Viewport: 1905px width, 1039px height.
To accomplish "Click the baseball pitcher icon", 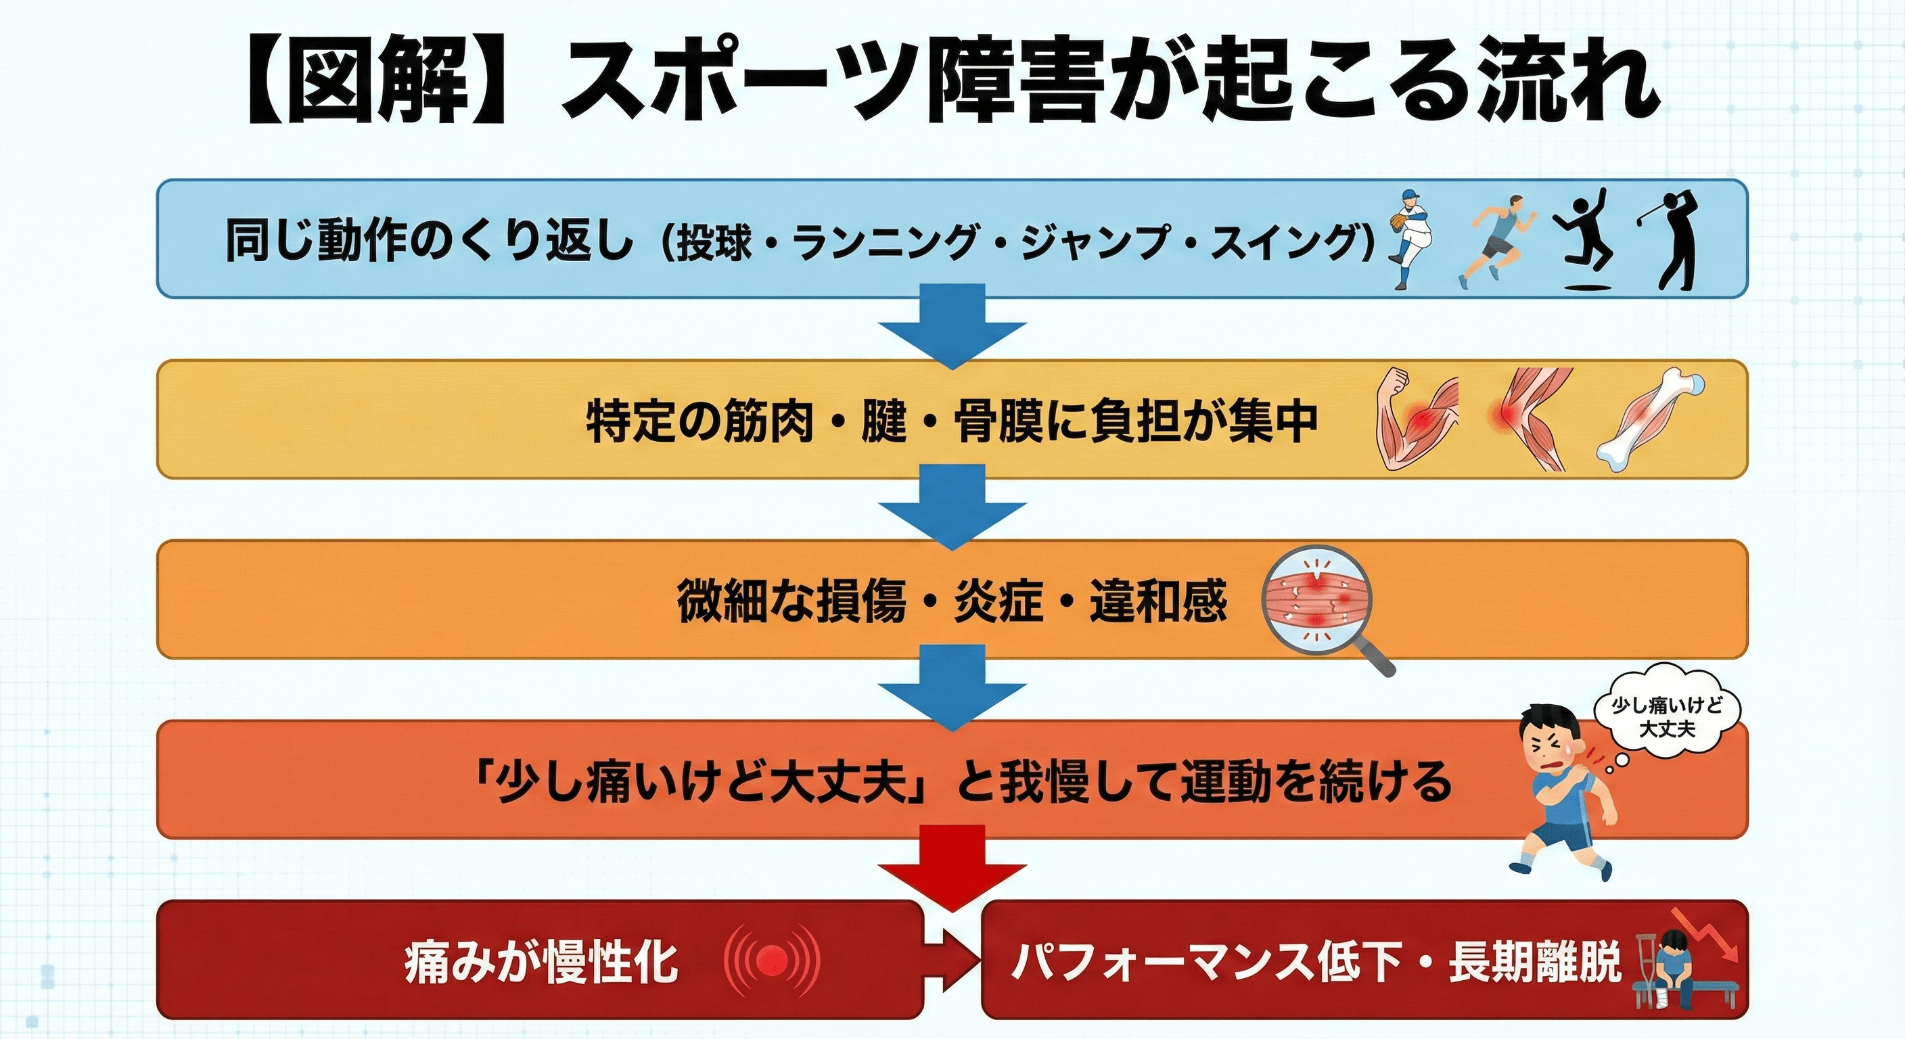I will [1410, 238].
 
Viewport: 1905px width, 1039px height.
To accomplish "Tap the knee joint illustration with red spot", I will [1525, 419].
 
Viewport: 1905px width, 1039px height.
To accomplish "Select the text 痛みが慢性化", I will [541, 961].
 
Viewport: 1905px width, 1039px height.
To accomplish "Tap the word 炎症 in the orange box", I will [998, 601].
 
